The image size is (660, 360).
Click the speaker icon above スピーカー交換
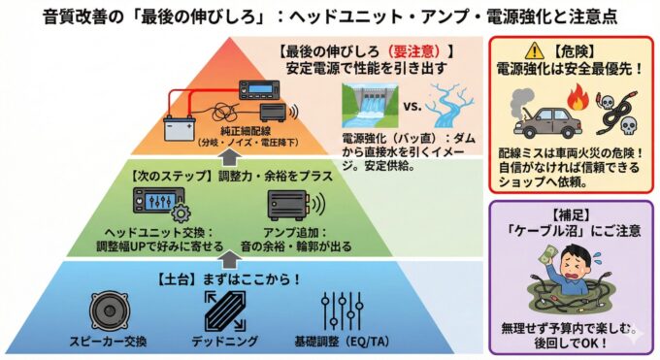110,311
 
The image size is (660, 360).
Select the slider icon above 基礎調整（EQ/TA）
342,311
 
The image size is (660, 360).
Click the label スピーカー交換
110,343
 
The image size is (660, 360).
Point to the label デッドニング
225,343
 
